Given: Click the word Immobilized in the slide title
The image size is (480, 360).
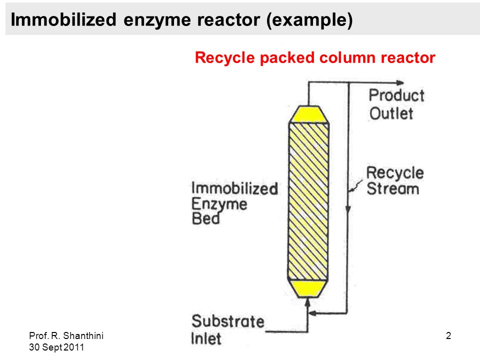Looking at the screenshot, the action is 63,19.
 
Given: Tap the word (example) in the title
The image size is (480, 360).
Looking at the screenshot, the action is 309,20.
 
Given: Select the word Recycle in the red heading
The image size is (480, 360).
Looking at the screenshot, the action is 224,57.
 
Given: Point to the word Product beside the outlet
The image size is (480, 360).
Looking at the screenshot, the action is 396,95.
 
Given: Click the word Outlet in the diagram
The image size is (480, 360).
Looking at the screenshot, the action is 391,113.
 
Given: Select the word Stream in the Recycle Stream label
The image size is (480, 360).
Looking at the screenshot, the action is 393,188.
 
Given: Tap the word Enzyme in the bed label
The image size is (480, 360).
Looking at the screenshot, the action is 219,204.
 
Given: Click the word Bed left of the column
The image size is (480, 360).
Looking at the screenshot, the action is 205,218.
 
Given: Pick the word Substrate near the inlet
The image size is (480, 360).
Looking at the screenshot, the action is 228,321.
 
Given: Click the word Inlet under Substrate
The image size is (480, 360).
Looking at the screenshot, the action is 205,338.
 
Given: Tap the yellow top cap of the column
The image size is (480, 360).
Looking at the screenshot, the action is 309,114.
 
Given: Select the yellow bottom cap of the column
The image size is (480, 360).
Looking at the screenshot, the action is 307,288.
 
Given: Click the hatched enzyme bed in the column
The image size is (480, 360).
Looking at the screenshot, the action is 308,201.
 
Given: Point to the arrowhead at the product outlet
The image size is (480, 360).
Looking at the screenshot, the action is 400,82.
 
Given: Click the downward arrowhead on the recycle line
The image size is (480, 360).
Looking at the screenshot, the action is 348,209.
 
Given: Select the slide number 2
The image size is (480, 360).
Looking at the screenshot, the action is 448,336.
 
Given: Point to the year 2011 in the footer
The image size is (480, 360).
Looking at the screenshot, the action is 74,347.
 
